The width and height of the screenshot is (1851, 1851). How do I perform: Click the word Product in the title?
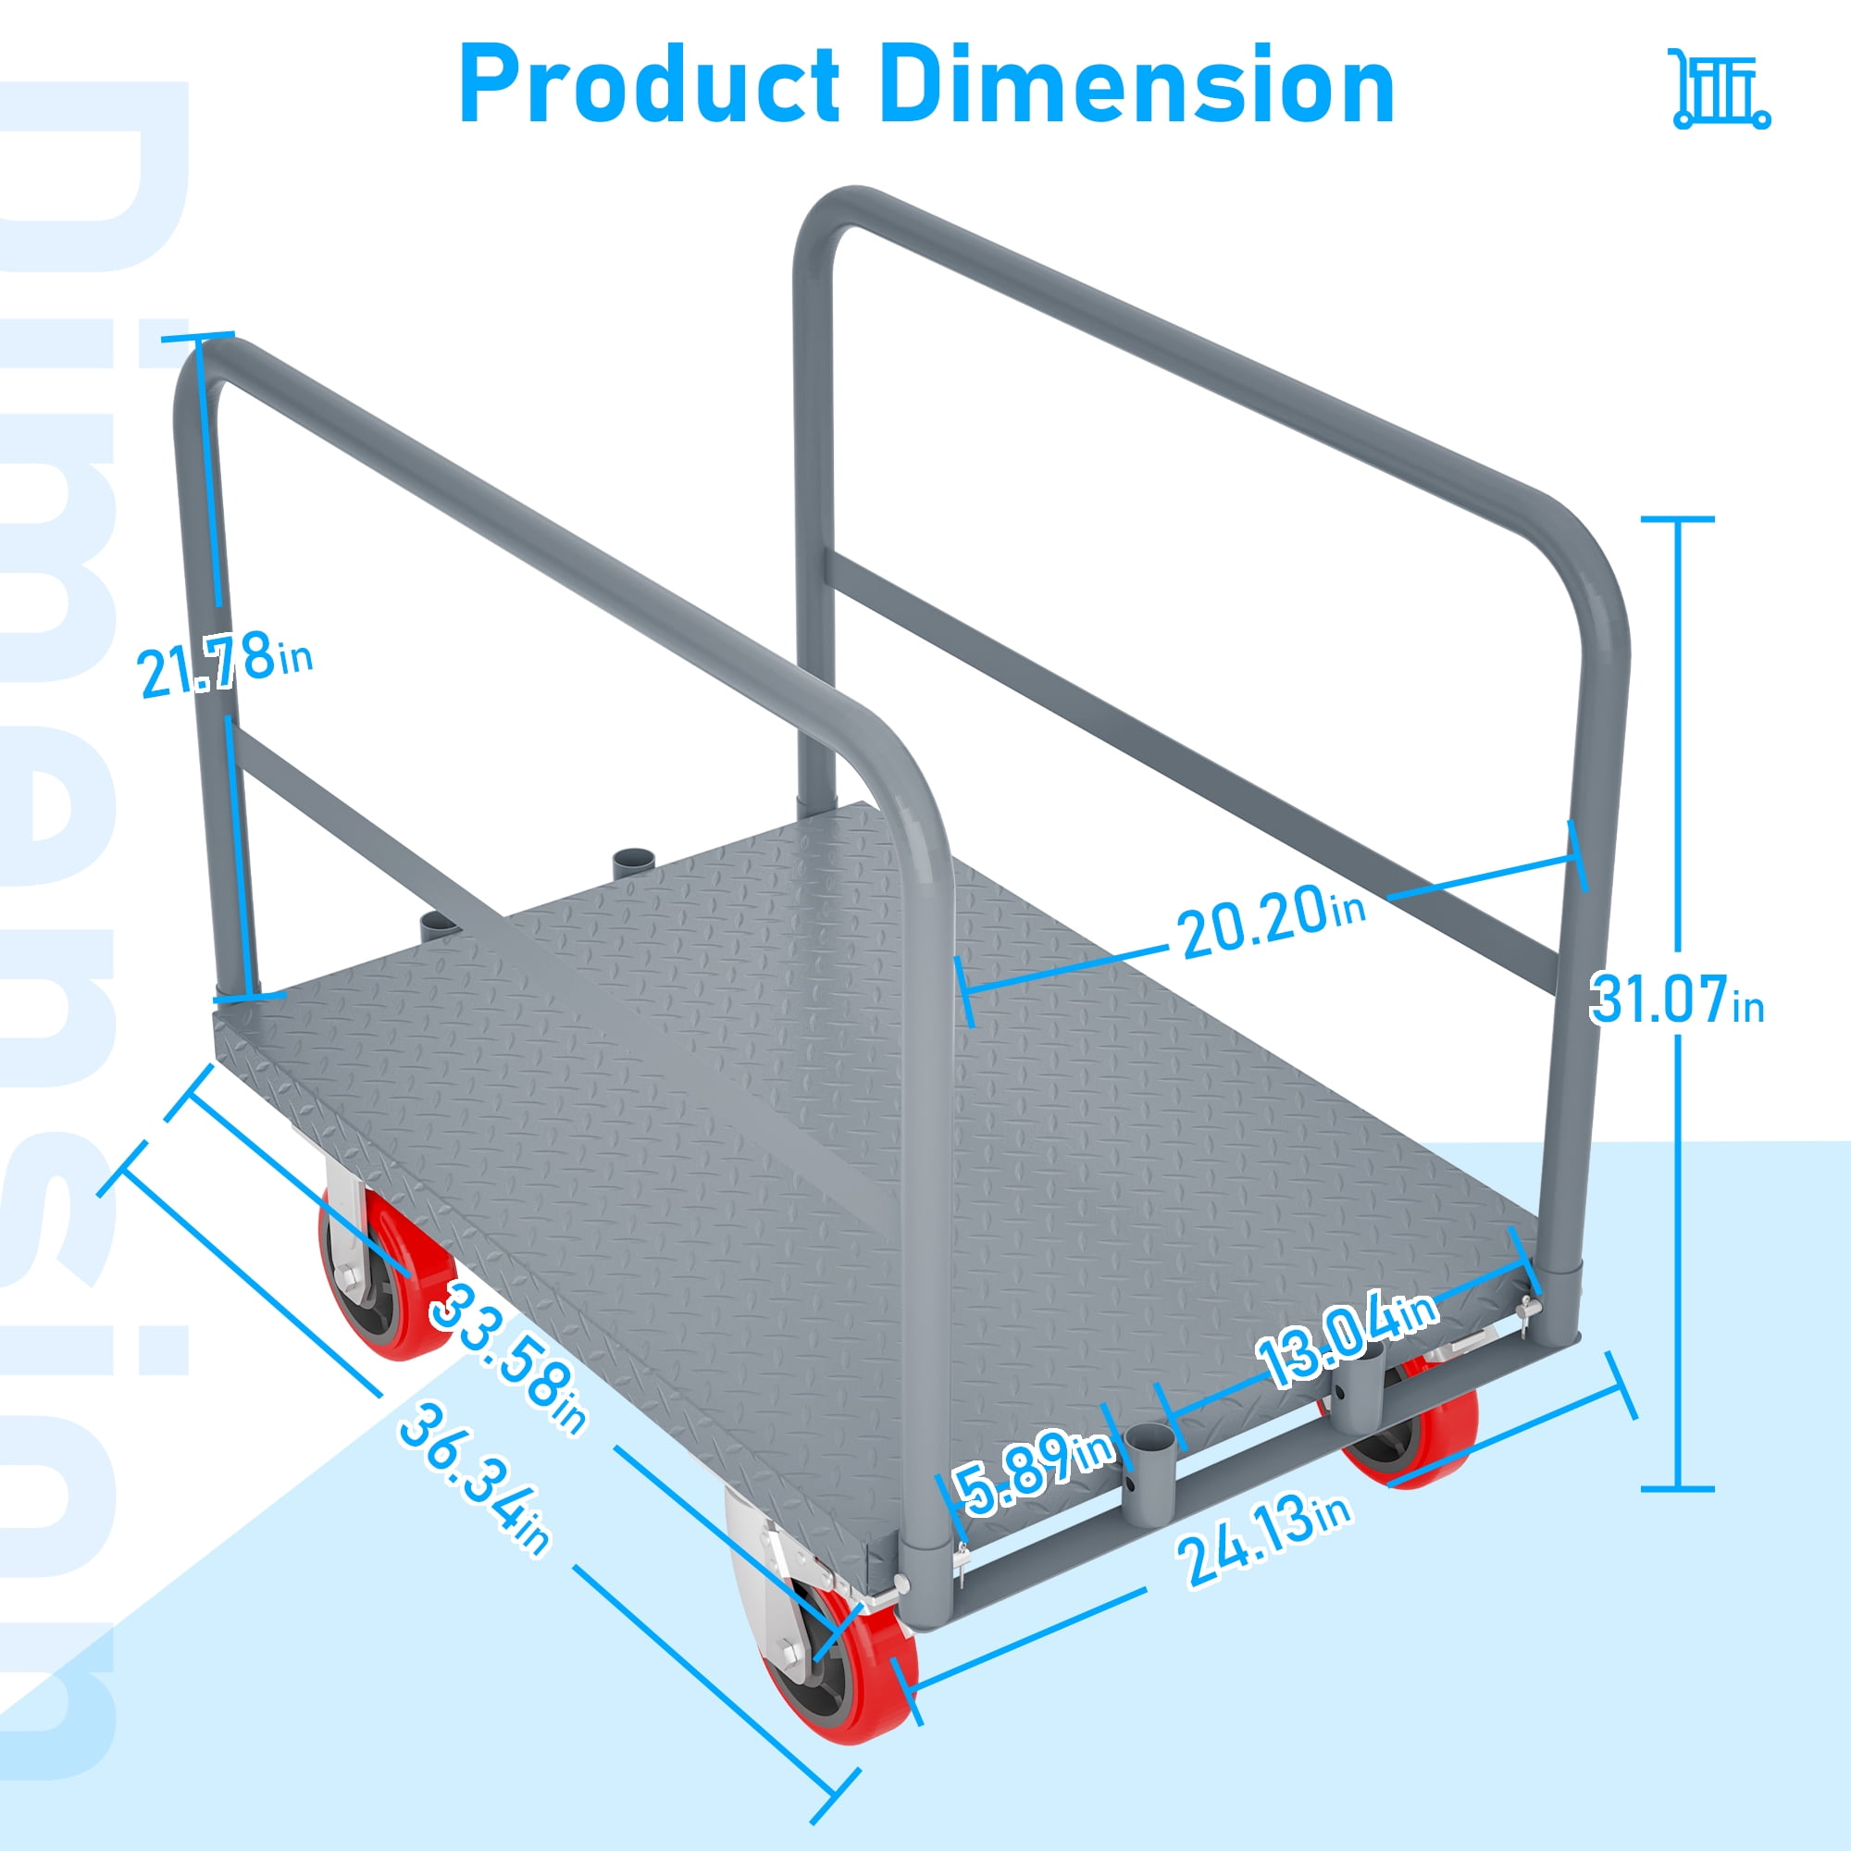(650, 86)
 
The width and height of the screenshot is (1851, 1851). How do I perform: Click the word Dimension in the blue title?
(1136, 86)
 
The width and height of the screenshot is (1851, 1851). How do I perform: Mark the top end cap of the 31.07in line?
(1678, 520)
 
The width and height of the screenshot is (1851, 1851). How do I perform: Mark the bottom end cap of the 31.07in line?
(1678, 1489)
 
